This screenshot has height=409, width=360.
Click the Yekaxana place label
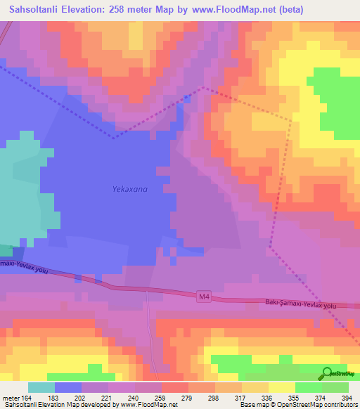tap(130, 189)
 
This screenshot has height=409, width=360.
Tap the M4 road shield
tap(204, 298)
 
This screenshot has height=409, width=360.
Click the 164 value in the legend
tap(25, 398)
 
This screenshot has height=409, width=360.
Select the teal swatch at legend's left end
tap(41, 387)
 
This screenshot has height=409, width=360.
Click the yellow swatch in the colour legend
tap(281, 387)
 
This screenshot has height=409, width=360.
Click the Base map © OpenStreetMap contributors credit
tap(298, 405)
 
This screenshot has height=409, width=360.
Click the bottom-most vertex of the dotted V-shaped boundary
tap(113, 138)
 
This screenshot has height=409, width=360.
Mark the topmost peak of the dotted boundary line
tap(203, 87)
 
